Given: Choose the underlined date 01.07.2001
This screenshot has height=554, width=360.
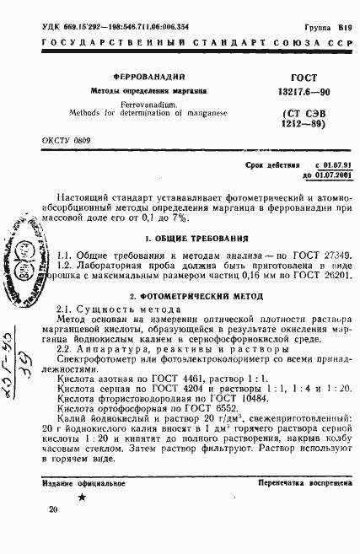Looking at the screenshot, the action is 325,175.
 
